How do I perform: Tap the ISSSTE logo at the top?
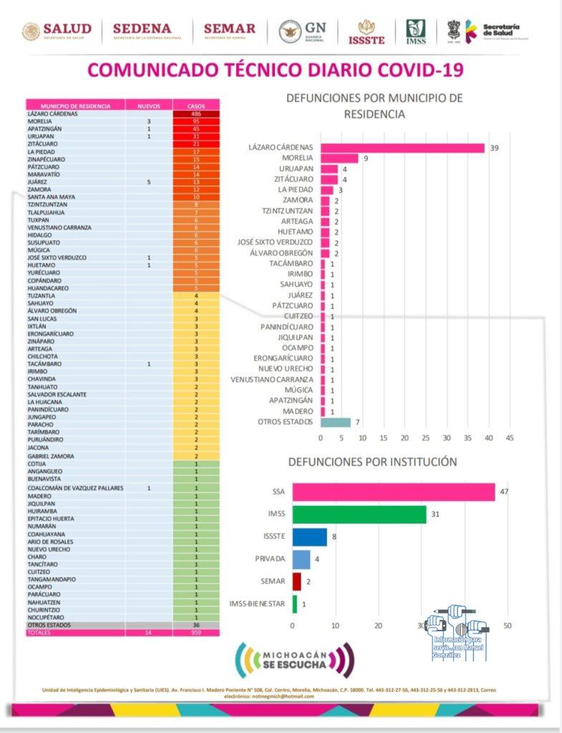pyautogui.click(x=367, y=32)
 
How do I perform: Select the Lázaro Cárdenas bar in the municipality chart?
pyautogui.click(x=403, y=148)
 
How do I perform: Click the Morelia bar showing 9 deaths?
pyautogui.click(x=339, y=159)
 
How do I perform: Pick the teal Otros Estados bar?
pyautogui.click(x=336, y=422)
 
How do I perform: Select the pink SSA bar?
pyautogui.click(x=394, y=492)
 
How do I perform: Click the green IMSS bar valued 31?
pyautogui.click(x=359, y=515)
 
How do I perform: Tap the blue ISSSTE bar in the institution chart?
pyautogui.click(x=310, y=537)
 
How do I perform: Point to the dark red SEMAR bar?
pyautogui.click(x=297, y=581)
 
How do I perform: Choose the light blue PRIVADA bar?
pyautogui.click(x=301, y=559)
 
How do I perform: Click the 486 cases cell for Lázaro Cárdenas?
pyautogui.click(x=195, y=114)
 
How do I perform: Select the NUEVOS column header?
pyautogui.click(x=148, y=106)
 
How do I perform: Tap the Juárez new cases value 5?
pyautogui.click(x=148, y=182)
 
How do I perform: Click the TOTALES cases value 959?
pyautogui.click(x=195, y=633)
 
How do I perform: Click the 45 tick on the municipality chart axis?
pyautogui.click(x=510, y=437)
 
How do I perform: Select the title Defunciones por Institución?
pyautogui.click(x=372, y=462)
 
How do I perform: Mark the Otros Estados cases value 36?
pyautogui.click(x=195, y=625)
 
